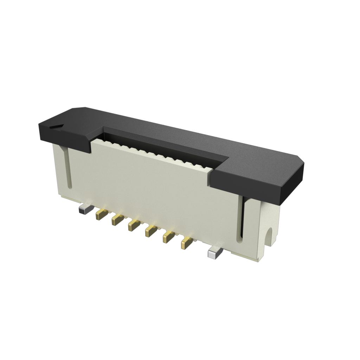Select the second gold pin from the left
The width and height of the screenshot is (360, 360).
point(117,220)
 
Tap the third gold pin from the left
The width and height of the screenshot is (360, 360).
point(134,225)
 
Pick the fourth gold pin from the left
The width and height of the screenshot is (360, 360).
point(151,231)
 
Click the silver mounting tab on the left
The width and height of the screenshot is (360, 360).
point(84,210)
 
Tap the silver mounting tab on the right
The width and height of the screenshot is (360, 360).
point(214,253)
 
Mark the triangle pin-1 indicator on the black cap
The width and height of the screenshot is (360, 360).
point(57,126)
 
